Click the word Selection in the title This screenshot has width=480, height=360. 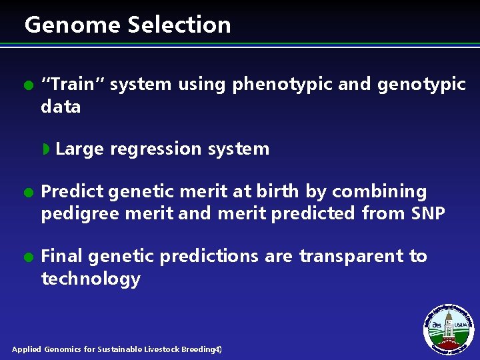pos(179,25)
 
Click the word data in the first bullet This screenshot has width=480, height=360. pos(61,107)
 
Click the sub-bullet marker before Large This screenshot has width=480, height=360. pos(46,149)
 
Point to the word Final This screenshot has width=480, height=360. pos(61,256)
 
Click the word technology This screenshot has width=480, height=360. pos(91,279)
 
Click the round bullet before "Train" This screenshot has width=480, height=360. pos(27,85)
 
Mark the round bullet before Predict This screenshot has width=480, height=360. pos(27,193)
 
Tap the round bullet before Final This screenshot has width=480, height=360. pos(27,257)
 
